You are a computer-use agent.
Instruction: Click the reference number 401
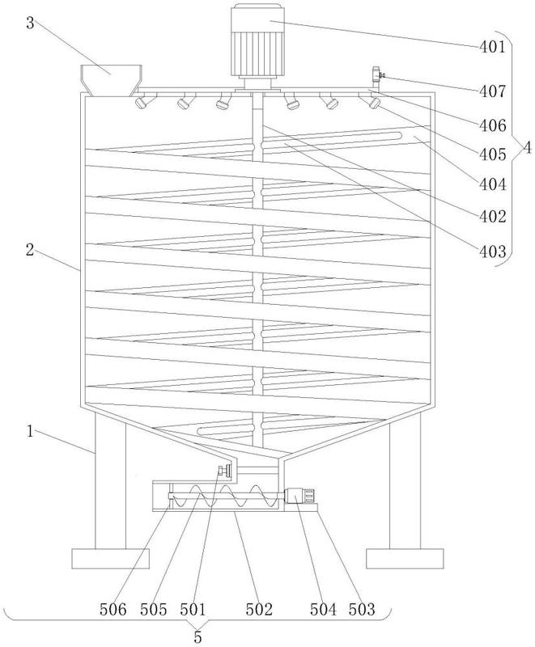click(x=492, y=47)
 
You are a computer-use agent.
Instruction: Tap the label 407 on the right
click(x=492, y=91)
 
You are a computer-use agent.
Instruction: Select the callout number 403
click(x=492, y=252)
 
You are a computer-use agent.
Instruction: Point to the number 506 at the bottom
click(x=113, y=609)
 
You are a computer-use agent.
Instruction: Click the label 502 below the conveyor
click(x=259, y=609)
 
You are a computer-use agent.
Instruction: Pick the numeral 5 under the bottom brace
click(x=197, y=637)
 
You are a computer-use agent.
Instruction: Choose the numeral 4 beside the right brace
click(x=527, y=148)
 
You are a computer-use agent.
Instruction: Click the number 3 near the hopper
click(x=30, y=23)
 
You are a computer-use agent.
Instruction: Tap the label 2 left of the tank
click(x=30, y=250)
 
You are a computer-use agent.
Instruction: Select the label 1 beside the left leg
click(x=30, y=432)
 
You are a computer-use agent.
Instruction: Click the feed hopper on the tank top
click(x=112, y=80)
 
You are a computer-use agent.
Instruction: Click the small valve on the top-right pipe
click(x=377, y=75)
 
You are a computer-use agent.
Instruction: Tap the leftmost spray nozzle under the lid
click(x=143, y=101)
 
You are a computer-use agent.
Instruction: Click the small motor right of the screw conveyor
click(x=300, y=495)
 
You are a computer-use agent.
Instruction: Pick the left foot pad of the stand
click(x=110, y=559)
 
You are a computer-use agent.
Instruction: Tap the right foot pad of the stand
click(x=405, y=559)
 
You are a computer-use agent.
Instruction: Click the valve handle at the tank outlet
click(x=224, y=471)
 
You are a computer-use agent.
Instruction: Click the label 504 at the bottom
click(x=324, y=609)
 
